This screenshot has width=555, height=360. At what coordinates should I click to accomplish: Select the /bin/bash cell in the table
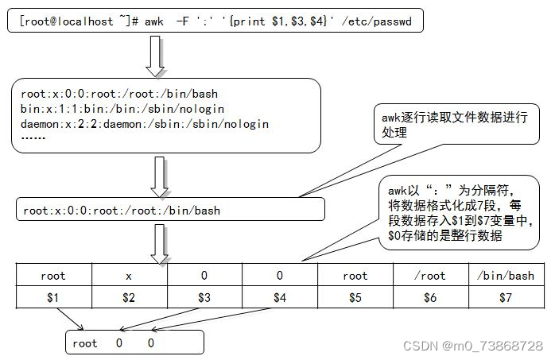click(506, 276)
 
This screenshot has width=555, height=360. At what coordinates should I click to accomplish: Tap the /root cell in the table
click(431, 276)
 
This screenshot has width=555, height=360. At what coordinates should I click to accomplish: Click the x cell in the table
click(129, 276)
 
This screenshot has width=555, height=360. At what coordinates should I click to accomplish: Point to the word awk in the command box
click(153, 21)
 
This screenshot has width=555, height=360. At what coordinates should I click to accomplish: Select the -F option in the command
click(182, 21)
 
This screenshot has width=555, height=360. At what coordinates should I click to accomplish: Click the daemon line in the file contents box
click(145, 124)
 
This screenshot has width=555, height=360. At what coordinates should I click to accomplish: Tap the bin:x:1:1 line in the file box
click(122, 109)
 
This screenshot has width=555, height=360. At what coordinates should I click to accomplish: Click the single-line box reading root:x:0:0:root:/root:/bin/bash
click(170, 210)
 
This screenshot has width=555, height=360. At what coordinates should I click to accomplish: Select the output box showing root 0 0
click(134, 343)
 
